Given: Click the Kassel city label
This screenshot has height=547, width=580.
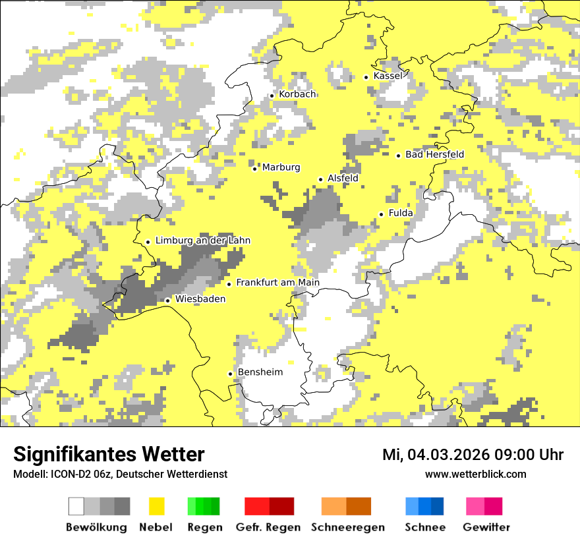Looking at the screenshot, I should click(388, 76).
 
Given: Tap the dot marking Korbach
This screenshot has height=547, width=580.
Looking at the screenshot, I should click(272, 96).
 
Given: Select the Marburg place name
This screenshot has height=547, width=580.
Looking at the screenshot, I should click(281, 167).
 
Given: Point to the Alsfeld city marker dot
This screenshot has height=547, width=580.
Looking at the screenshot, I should click(321, 179).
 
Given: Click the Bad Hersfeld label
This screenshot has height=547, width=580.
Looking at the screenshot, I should click(434, 154).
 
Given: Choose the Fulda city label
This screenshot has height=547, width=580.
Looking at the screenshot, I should click(401, 213).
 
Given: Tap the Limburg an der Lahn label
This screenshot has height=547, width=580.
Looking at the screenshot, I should click(202, 241).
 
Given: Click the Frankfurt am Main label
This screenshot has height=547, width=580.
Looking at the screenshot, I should click(277, 283).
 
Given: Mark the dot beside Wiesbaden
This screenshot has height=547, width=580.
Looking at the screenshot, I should click(168, 301).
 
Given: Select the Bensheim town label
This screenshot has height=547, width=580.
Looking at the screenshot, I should click(260, 372).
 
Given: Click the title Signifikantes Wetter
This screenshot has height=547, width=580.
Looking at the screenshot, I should click(109, 454).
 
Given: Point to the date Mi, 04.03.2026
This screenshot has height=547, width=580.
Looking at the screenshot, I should click(444, 455).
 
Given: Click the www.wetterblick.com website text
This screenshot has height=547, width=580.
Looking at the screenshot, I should click(475, 474).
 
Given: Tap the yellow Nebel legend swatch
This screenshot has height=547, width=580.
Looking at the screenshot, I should click(156, 506).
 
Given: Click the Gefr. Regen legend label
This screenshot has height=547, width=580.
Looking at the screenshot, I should click(268, 527).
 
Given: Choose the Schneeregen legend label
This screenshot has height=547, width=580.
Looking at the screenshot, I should click(347, 527).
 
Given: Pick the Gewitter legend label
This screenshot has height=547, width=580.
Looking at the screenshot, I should click(486, 527).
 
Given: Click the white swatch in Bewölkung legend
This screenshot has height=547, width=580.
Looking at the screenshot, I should click(76, 506).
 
